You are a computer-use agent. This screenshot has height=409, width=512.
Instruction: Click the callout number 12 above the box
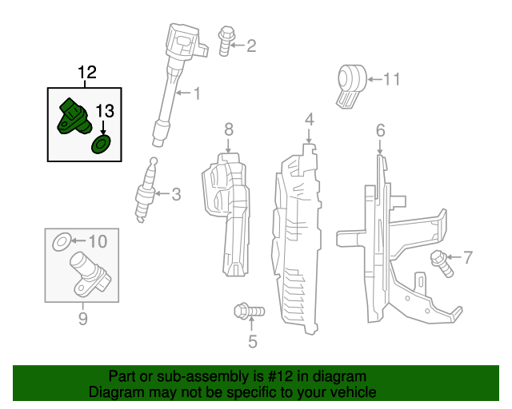pos(87,72)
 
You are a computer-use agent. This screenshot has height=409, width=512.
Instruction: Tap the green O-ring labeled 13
pos(101,145)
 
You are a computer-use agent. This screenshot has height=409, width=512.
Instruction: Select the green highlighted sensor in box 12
pos(74,117)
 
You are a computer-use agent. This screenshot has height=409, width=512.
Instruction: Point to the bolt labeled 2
pos(226,42)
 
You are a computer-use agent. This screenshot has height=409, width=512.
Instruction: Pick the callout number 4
pos(310,119)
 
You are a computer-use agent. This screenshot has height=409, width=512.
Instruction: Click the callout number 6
pos(381,130)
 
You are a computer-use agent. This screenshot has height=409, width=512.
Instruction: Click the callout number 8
pos(229,129)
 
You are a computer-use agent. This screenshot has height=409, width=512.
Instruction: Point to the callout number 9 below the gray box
pos(83,318)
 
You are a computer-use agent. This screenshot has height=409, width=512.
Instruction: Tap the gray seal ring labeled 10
pos(62,242)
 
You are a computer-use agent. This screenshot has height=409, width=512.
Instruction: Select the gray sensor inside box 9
pos(90,274)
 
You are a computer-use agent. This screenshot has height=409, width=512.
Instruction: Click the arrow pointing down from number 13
pos(103,128)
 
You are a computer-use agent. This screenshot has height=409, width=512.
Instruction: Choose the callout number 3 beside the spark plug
pos(176,194)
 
